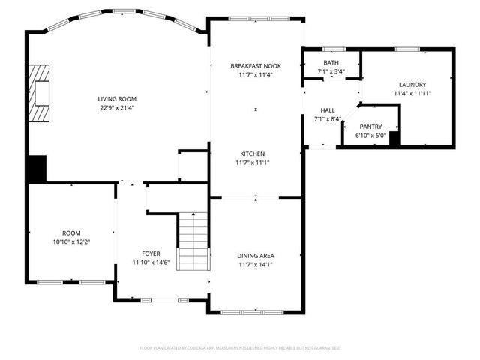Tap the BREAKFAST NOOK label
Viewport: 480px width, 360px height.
(255, 66)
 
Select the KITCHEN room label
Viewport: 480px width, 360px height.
(255, 154)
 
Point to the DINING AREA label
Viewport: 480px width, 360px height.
(255, 256)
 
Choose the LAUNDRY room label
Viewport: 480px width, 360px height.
(412, 85)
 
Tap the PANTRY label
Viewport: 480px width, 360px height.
(370, 127)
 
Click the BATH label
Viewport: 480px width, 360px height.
(331, 63)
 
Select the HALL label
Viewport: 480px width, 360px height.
(328, 110)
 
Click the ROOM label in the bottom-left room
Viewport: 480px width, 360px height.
(70, 233)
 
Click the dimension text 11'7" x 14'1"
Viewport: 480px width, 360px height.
(255, 265)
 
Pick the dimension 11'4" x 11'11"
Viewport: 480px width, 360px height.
(412, 94)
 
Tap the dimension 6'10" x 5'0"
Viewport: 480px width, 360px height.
(370, 136)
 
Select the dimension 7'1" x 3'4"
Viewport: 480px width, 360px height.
(331, 72)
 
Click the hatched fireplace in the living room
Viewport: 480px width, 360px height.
(39, 93)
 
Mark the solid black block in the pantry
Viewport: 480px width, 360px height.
(394, 138)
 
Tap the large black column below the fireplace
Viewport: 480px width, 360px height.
(36, 169)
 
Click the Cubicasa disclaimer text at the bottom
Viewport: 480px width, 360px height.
(240, 348)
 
